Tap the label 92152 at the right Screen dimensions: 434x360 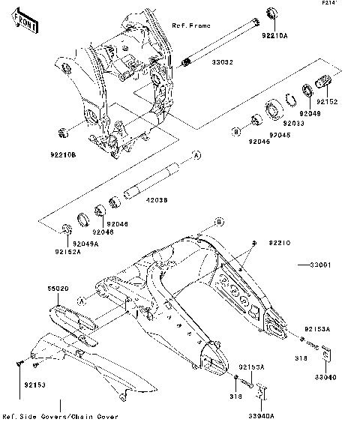coord(326,101)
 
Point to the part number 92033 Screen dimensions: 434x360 coord(294,123)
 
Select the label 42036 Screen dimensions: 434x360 coord(156,201)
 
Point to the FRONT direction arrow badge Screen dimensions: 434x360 coord(26,22)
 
